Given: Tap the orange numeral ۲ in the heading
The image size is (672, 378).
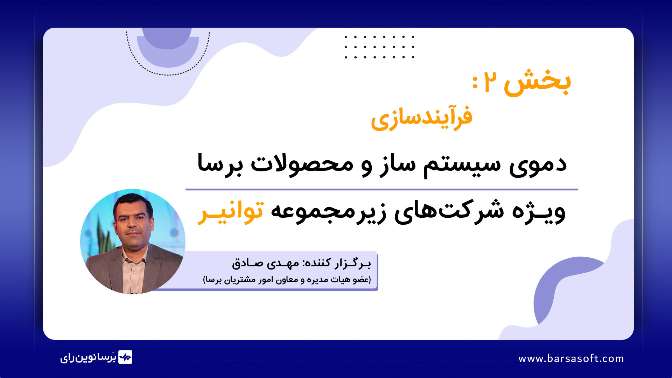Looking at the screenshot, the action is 490,83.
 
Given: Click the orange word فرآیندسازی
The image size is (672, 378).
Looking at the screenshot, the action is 422,117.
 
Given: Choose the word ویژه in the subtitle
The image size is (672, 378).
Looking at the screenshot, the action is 539,212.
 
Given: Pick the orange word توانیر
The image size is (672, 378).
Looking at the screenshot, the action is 231,212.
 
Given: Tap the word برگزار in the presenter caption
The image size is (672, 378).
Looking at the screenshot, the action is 352,262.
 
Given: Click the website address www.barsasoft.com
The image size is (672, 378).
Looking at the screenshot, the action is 571,358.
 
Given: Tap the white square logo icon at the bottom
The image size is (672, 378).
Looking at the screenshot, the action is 125,357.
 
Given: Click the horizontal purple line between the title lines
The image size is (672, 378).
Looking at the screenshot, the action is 381,189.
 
